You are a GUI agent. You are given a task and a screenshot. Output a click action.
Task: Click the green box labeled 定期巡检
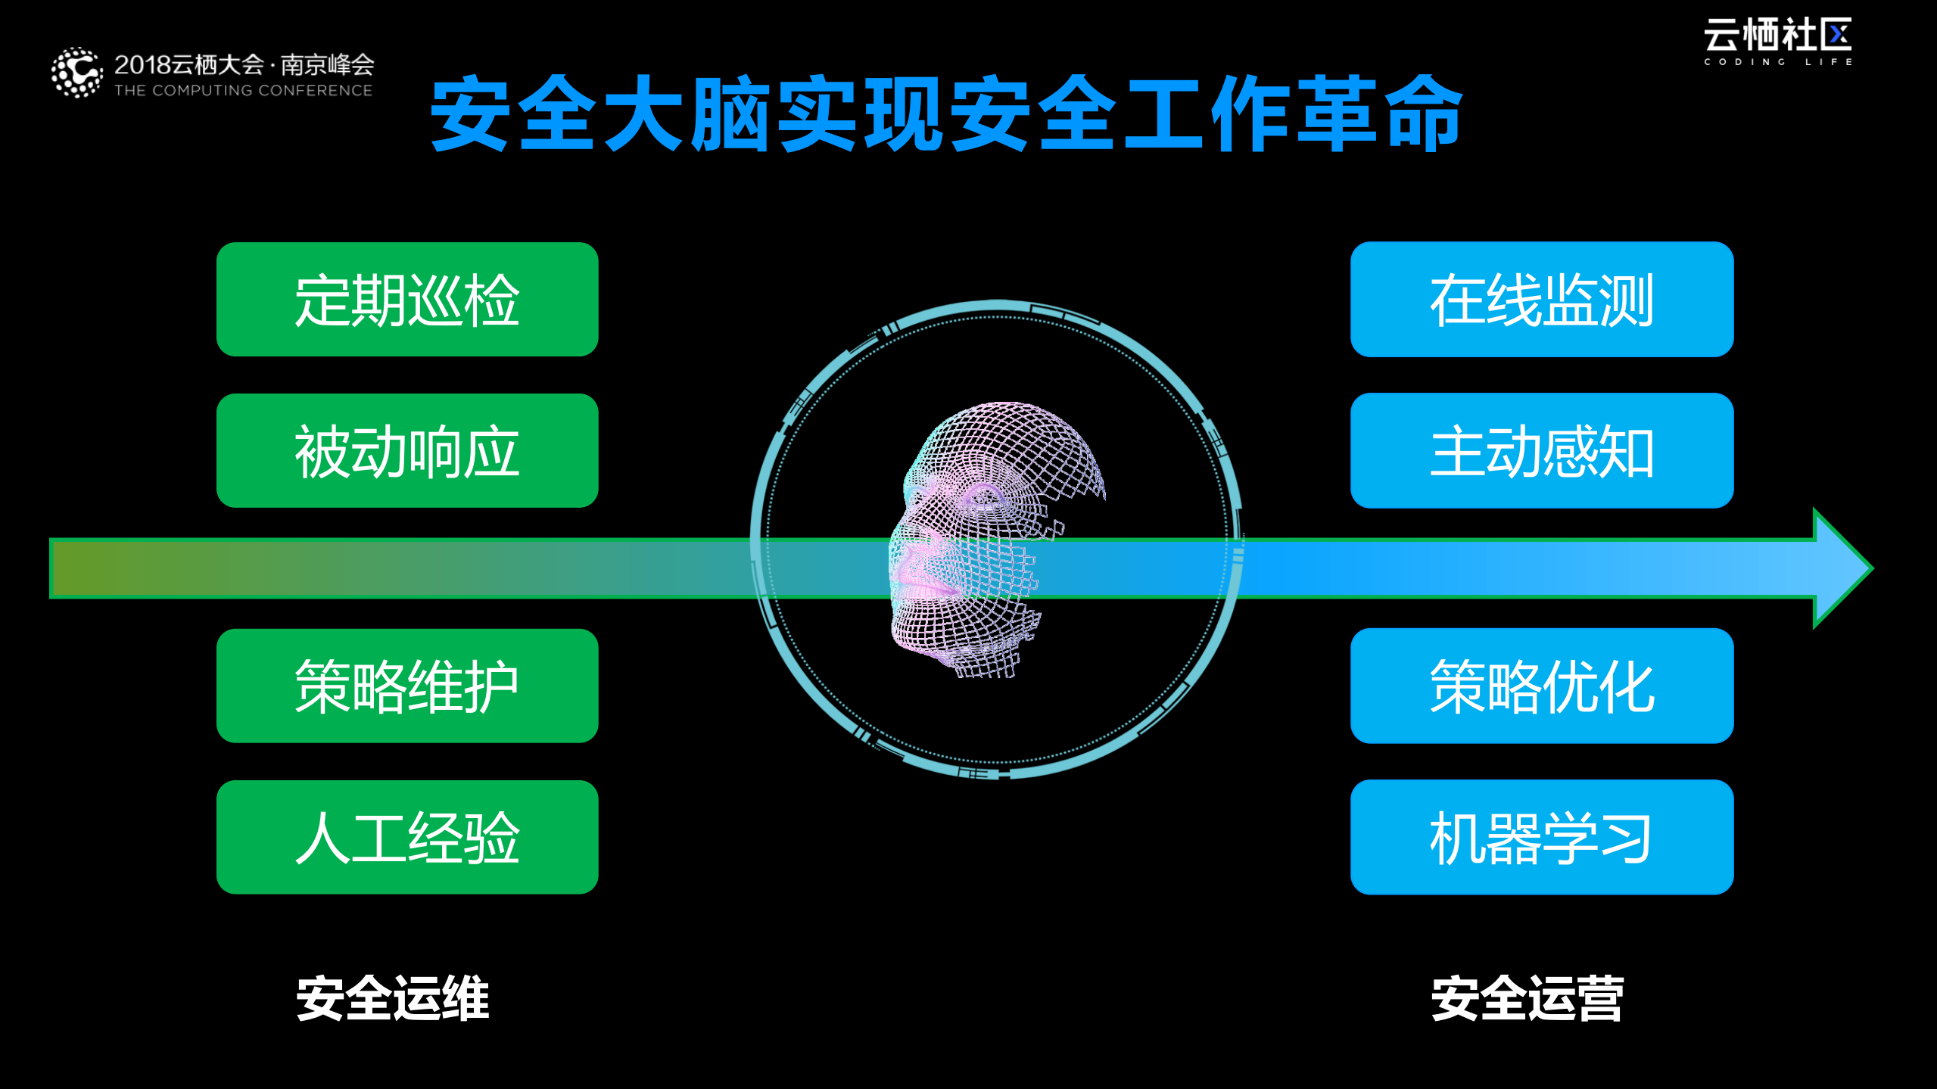407,300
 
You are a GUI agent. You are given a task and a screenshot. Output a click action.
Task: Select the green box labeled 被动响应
407,451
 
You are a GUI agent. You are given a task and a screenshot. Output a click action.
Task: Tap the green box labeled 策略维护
407,686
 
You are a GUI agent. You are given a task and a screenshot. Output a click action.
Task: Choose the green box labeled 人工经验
407,838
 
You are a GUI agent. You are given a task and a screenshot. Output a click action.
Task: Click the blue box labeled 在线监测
1542,300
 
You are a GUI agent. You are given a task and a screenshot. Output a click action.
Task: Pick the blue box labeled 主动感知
1542,451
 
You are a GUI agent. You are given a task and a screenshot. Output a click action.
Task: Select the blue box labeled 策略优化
1542,686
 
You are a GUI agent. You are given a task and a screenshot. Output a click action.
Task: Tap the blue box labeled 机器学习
1542,838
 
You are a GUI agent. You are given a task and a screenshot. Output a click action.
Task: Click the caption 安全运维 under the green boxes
393,999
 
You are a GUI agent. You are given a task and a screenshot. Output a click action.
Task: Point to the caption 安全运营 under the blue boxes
1527,999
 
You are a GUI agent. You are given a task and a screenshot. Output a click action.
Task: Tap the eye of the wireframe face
984,497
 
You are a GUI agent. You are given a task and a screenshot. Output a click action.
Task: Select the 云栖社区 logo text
1777,35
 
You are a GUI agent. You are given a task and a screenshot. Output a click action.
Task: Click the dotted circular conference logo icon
76,73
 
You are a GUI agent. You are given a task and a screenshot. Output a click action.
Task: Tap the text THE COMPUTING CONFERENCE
243,91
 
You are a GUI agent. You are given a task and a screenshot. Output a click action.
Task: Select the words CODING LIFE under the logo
1777,62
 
